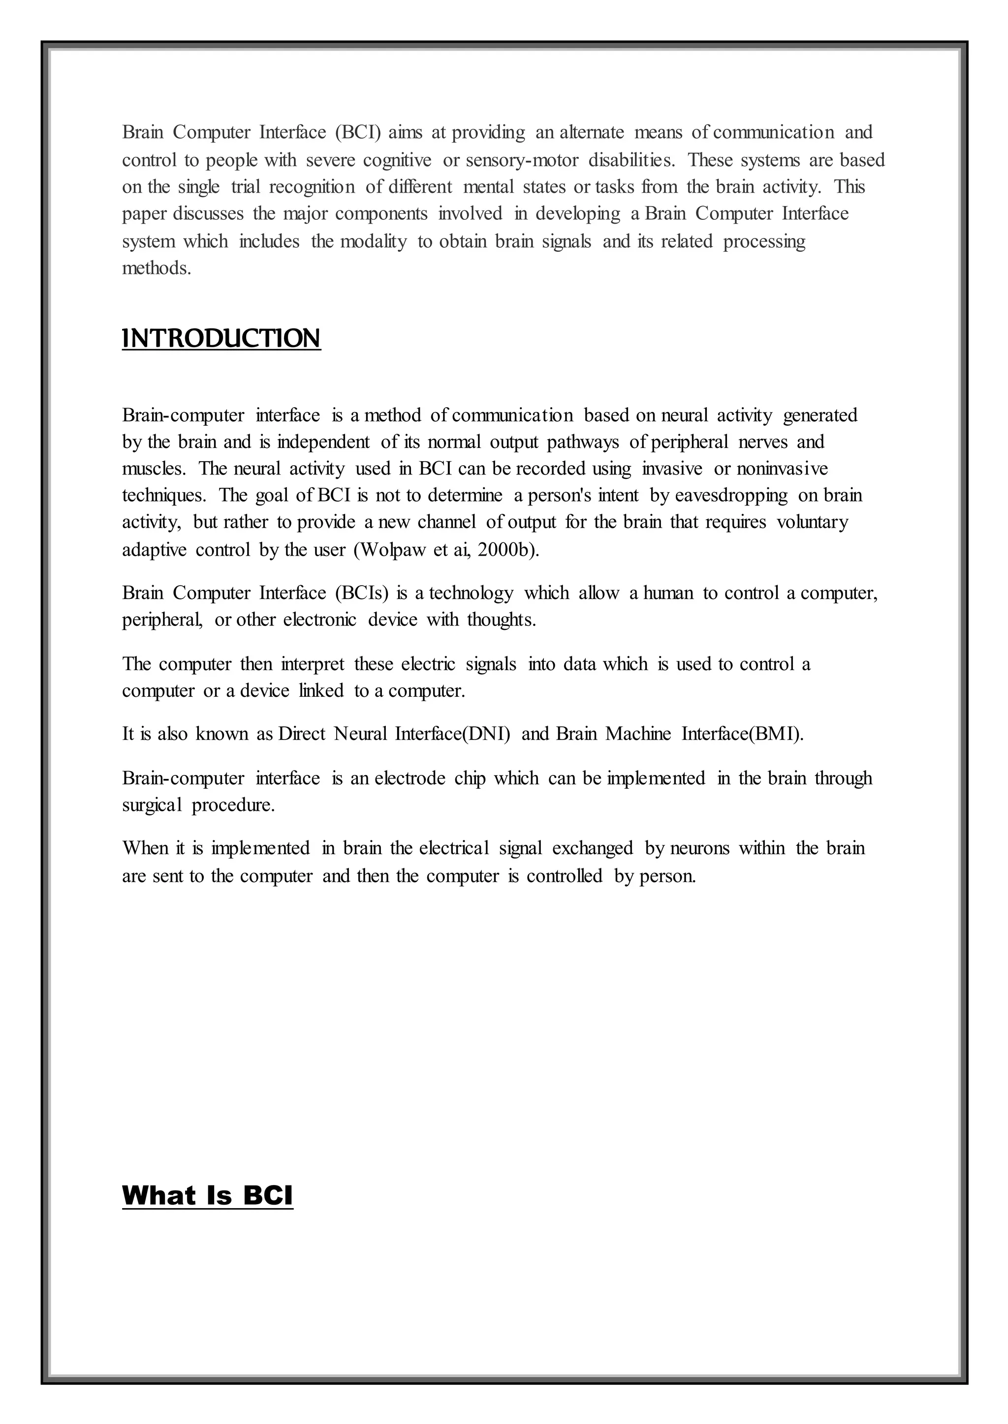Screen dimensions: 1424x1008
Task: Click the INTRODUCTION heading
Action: click(221, 339)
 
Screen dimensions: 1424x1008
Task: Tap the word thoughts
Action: click(501, 620)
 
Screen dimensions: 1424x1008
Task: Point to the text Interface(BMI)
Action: click(742, 734)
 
